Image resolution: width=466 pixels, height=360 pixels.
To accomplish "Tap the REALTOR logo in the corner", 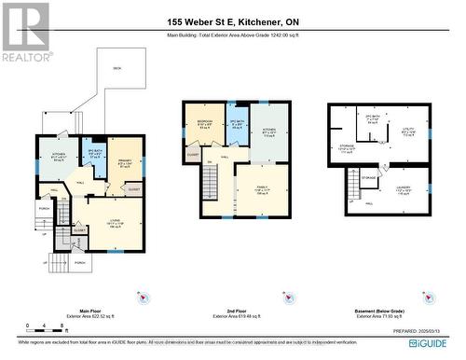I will [x=25, y=32].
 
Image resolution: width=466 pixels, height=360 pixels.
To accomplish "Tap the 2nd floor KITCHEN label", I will [x=270, y=132].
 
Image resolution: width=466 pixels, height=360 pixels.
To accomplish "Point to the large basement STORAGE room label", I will [x=348, y=150].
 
